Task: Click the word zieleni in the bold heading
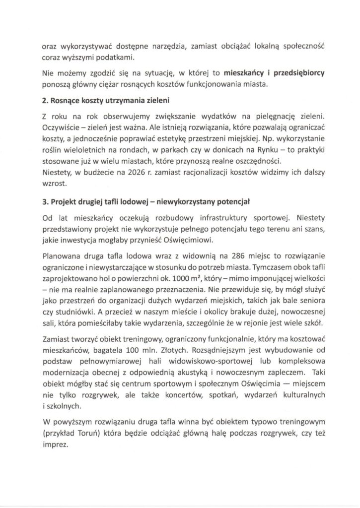(157, 101)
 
